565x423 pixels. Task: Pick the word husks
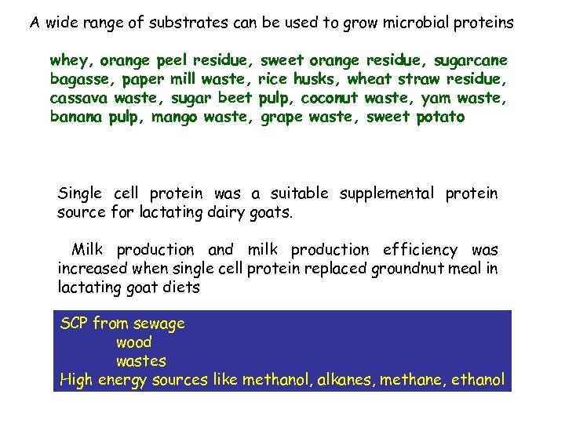[317, 79]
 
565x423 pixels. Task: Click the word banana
[75, 117]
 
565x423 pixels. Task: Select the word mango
[174, 117]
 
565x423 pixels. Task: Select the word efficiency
[420, 250]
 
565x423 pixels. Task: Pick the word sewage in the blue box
[159, 324]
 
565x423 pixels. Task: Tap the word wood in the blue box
[133, 342]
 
